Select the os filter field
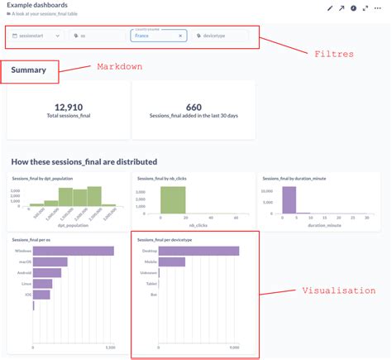click(98, 36)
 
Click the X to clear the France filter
click(180, 36)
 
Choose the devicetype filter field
click(222, 36)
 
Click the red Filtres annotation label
click(333, 54)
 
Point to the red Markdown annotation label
click(118, 66)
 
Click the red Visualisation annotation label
click(337, 290)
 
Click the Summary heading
click(29, 71)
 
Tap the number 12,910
click(68, 108)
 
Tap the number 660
click(194, 108)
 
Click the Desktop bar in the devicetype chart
click(198, 252)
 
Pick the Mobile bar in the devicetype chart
click(171, 262)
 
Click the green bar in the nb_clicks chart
click(173, 202)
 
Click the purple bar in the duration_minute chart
click(289, 202)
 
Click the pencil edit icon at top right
click(330, 8)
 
